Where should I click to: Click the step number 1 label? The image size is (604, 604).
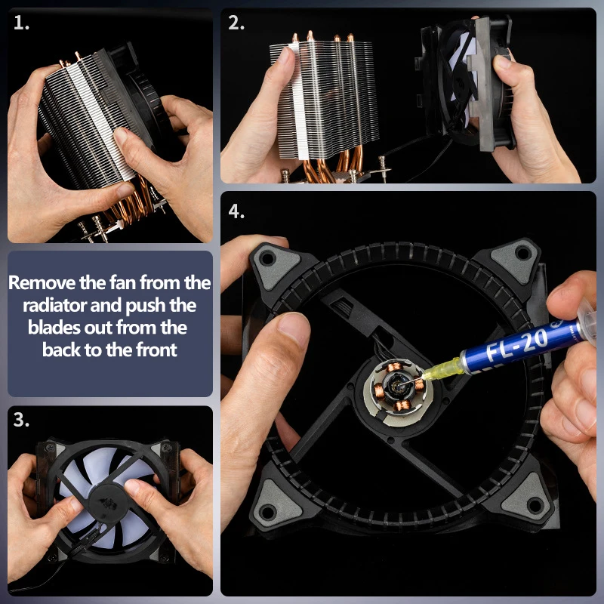pyautogui.click(x=21, y=23)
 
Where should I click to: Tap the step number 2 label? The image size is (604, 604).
pyautogui.click(x=236, y=23)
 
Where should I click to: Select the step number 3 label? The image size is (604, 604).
pyautogui.click(x=21, y=420)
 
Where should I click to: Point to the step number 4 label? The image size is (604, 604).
pyautogui.click(x=236, y=211)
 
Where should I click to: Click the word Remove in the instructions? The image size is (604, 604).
pyautogui.click(x=42, y=282)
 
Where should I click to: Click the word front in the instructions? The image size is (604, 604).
pyautogui.click(x=156, y=350)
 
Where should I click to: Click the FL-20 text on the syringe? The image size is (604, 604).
pyautogui.click(x=516, y=345)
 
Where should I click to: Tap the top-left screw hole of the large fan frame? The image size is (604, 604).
pyautogui.click(x=267, y=257)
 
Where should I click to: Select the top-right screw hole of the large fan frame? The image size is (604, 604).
pyautogui.click(x=522, y=253)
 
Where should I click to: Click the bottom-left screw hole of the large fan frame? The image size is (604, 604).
pyautogui.click(x=267, y=512)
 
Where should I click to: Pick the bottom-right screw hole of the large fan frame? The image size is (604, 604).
pyautogui.click(x=535, y=504)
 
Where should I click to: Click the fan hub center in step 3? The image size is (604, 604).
pyautogui.click(x=108, y=502)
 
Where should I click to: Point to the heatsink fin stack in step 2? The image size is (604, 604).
pyautogui.click(x=325, y=100)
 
